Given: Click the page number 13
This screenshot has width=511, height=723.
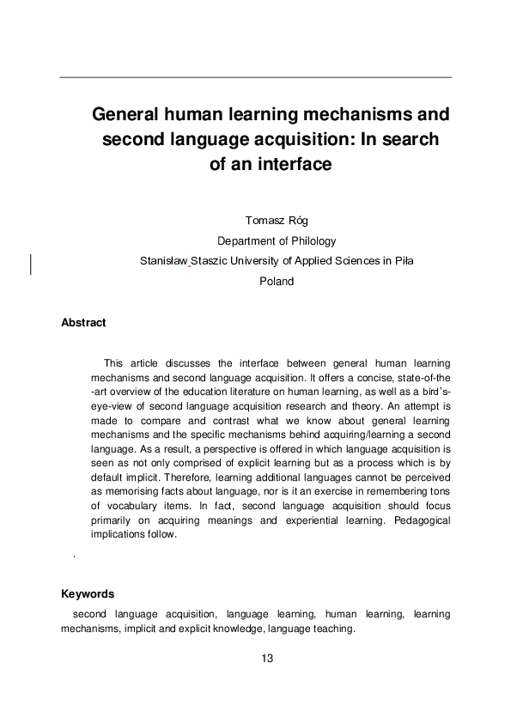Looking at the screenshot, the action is pos(266,659).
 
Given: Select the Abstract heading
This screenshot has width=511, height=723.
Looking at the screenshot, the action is pos(83,323).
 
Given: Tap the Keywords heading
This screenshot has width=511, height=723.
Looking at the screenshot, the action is pos(88,594).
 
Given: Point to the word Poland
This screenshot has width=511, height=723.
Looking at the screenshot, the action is pos(277,281).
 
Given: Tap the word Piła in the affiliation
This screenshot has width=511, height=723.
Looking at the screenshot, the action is pos(403,261).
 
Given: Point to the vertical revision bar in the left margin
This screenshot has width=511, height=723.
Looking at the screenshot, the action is pos(31,264).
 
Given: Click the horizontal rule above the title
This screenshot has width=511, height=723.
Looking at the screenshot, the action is pos(255,78).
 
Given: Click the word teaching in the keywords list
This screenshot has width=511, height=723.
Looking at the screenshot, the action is pos(335,629).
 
